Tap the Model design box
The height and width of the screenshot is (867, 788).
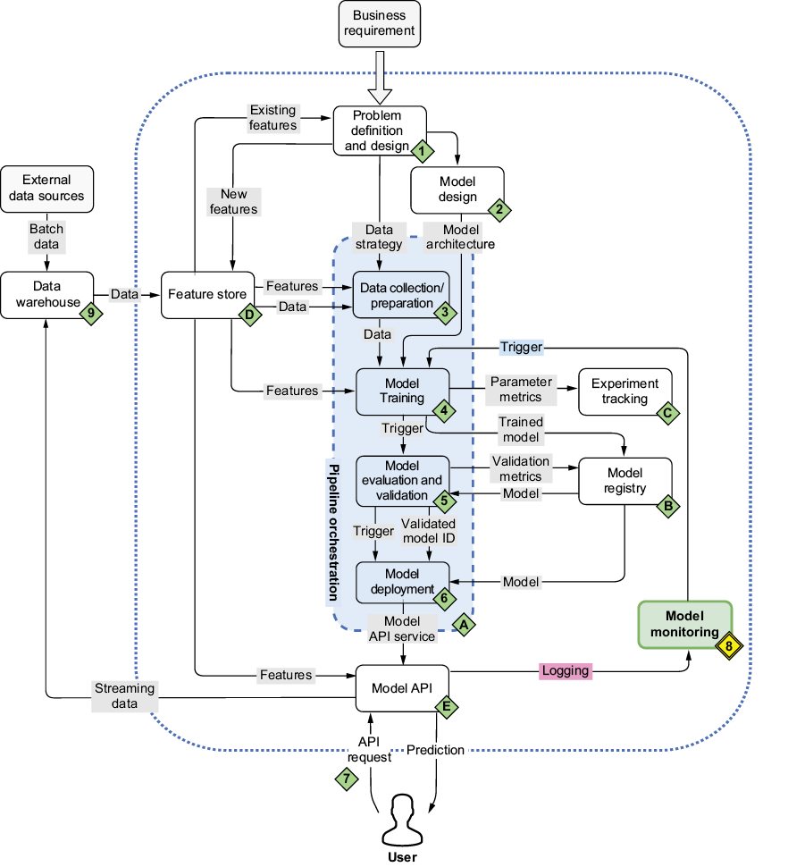pyautogui.click(x=457, y=189)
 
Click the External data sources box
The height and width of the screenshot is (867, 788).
pyautogui.click(x=46, y=188)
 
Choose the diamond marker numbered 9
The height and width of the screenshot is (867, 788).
pyautogui.click(x=91, y=313)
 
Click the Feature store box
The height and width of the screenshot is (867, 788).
pyautogui.click(x=203, y=294)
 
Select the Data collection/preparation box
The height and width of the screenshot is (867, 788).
pyautogui.click(x=400, y=294)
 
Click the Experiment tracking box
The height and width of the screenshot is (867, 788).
pyautogui.click(x=625, y=391)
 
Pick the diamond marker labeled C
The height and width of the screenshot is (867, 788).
pyautogui.click(x=666, y=413)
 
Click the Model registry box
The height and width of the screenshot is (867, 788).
pyautogui.click(x=625, y=480)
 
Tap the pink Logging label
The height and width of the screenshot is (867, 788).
pyautogui.click(x=566, y=670)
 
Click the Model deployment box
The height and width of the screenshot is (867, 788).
pyautogui.click(x=401, y=581)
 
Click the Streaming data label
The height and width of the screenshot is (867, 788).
pyautogui.click(x=124, y=695)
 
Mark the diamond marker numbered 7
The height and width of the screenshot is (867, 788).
pyautogui.click(x=346, y=779)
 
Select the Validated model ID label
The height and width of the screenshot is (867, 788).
pyautogui.click(x=429, y=530)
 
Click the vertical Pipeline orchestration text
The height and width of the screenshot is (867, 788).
pyautogui.click(x=333, y=533)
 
